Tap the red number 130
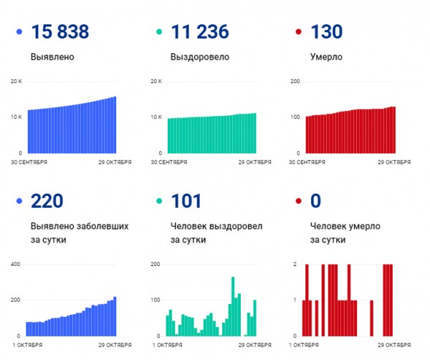click(x=326, y=32)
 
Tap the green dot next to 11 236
click(x=158, y=32)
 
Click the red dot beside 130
click(x=297, y=32)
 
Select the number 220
click(x=47, y=201)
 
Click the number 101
click(x=186, y=201)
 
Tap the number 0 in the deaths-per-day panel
click(x=315, y=201)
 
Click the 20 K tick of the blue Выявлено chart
click(x=16, y=81)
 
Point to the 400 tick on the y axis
click(x=16, y=265)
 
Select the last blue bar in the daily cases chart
click(x=115, y=316)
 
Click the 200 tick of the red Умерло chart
click(x=295, y=81)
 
